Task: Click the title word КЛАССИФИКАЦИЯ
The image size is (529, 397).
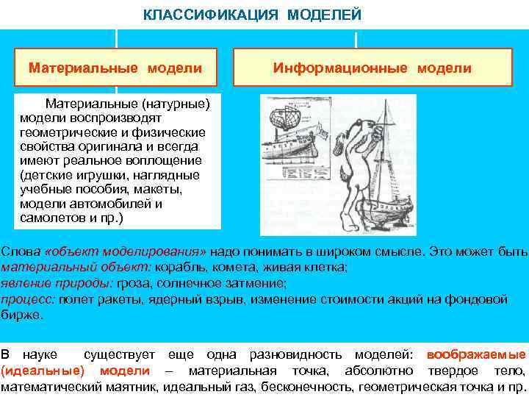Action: pyautogui.click(x=190, y=14)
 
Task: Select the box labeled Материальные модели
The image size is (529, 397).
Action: pyautogui.click(x=115, y=68)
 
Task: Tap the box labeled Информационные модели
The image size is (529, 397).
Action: pyautogui.click(x=372, y=68)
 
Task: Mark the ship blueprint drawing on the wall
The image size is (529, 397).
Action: pyautogui.click(x=290, y=135)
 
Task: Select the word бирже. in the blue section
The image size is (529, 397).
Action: pyautogui.click(x=22, y=314)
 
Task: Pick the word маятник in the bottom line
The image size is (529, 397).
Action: pyautogui.click(x=138, y=387)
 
